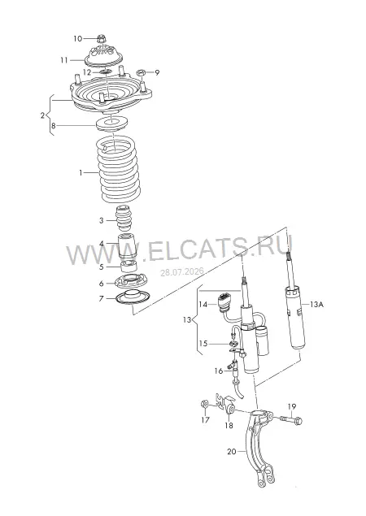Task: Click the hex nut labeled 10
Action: point(102,38)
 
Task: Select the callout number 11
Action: point(64,60)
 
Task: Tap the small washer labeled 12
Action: point(106,72)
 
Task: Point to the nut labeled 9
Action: point(141,72)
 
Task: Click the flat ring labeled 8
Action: point(111,124)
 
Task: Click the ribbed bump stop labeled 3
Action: point(124,219)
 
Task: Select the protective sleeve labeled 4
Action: point(127,246)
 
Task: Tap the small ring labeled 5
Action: point(129,267)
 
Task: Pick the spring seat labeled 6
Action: point(130,282)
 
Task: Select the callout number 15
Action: point(203,344)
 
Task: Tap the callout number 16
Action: point(219,371)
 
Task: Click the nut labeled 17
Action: point(204,404)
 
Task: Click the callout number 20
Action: point(232,452)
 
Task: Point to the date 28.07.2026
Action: point(182,272)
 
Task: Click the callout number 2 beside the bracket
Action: point(42,115)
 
